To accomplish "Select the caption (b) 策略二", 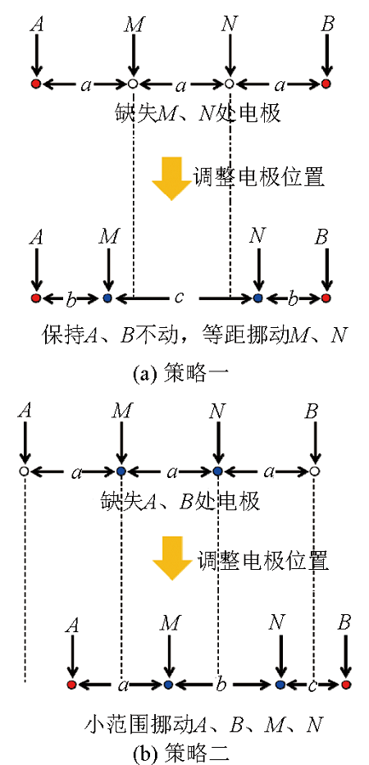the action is pos(181,754).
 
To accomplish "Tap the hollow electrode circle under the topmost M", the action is pos(132,84).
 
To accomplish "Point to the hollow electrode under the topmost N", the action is pos(230,84).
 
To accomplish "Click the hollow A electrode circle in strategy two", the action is pos(24,471).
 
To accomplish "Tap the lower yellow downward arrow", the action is pos(172,558).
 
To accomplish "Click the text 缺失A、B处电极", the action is pos(180,501).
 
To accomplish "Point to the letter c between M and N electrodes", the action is pos(179,297).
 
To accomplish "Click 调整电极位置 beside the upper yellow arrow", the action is pos(258,177).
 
